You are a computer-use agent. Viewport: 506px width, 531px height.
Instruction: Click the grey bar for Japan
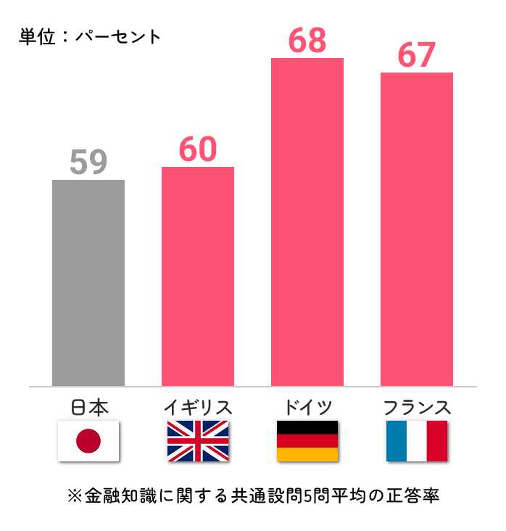tap(88, 283)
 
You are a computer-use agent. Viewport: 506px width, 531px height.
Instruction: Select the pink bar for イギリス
tap(198, 276)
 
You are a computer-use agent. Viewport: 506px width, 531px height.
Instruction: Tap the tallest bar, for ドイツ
tap(307, 222)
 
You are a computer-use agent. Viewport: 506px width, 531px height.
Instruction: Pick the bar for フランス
tap(417, 229)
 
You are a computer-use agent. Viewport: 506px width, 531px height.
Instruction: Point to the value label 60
tap(198, 149)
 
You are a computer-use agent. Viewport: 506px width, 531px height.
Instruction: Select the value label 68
tap(307, 41)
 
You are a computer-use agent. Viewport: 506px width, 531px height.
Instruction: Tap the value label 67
tap(417, 55)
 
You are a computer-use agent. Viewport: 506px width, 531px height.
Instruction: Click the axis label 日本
tap(89, 407)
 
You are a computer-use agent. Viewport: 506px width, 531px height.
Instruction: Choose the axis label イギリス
tap(198, 407)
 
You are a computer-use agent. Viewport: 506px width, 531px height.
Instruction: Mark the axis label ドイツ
tap(307, 407)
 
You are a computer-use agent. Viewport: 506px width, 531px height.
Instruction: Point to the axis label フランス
tap(417, 407)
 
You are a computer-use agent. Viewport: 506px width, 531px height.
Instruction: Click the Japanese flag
tap(88, 441)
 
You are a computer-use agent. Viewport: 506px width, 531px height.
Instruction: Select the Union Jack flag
tap(198, 441)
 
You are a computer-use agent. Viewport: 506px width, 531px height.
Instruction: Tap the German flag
tap(307, 441)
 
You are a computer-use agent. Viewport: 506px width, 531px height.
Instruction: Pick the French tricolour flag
tap(417, 441)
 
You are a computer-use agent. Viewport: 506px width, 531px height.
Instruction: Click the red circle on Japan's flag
tap(88, 441)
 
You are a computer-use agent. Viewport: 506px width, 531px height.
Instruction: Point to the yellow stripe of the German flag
tap(307, 455)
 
